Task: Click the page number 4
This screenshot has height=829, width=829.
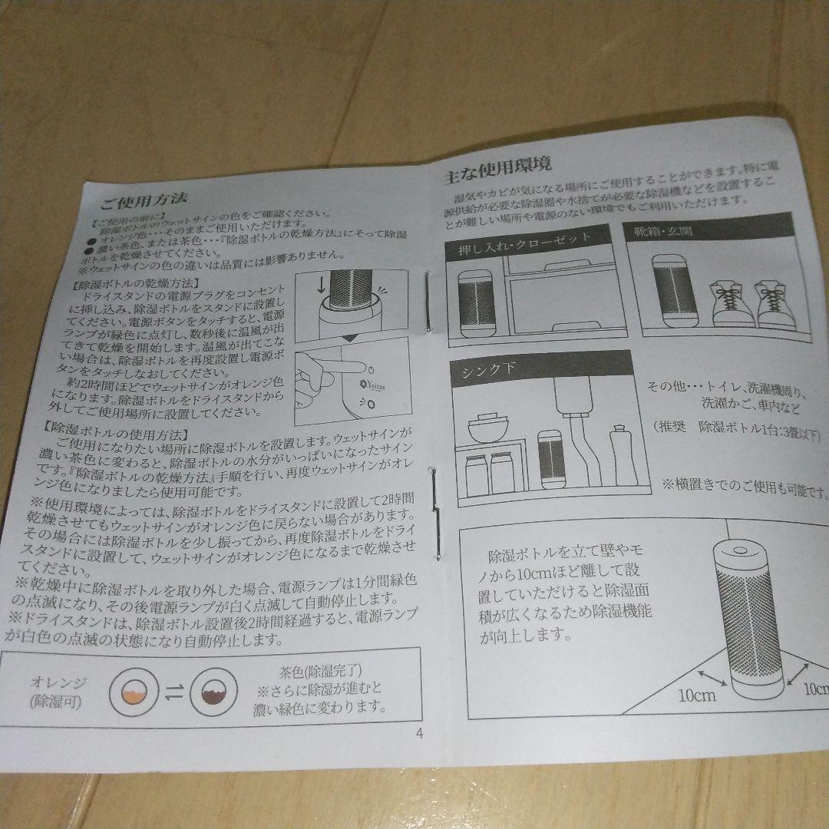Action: [419, 732]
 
